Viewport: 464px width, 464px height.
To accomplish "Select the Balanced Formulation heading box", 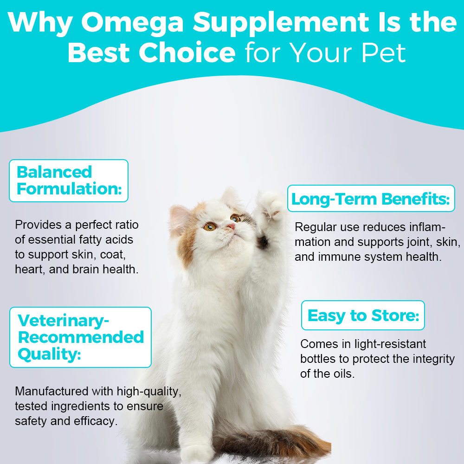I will coord(68,180).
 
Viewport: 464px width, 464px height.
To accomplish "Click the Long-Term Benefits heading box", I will coord(371,199).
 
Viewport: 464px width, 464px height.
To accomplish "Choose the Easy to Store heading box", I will coord(363,316).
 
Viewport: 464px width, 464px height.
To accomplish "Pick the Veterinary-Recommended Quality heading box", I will coord(80,337).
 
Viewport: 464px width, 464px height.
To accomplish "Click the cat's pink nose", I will coord(231,226).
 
